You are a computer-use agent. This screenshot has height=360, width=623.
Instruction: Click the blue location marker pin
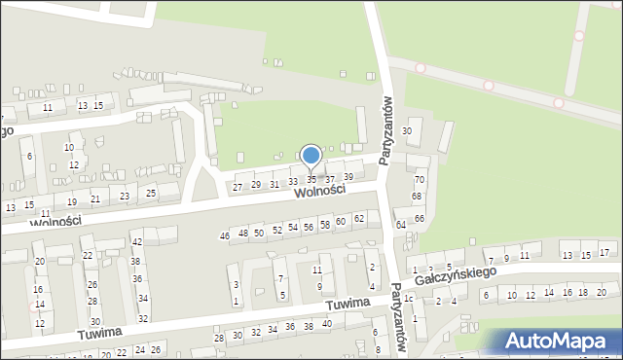311,157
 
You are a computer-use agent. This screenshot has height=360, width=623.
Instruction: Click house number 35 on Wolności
311,180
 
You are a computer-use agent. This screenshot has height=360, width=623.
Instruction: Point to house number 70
420,180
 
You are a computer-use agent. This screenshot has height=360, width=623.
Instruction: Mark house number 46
225,236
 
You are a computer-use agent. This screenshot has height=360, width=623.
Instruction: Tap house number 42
137,241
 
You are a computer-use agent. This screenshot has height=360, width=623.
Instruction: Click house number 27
238,188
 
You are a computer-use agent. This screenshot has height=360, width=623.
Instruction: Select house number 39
348,176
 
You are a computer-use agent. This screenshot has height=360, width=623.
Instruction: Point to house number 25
150,192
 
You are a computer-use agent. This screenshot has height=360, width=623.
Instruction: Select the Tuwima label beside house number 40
348,305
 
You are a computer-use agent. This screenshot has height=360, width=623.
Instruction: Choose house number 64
400,225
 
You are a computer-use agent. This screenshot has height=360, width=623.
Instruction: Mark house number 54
292,227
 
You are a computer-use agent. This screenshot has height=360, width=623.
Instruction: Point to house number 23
124,197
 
